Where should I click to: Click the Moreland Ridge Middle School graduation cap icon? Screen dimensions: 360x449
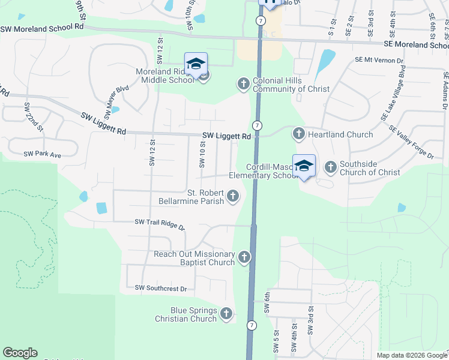[x=196, y=64]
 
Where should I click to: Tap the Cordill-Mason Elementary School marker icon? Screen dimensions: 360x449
[x=304, y=166]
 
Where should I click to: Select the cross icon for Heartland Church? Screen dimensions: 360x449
[x=298, y=133]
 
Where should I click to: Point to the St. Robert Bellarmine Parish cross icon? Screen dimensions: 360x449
[x=232, y=196]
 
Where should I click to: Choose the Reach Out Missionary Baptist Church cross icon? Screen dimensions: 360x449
[x=244, y=257]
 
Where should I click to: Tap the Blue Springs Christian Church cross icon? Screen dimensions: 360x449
[x=226, y=313]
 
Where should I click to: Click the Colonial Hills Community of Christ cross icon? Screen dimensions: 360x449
[x=243, y=83]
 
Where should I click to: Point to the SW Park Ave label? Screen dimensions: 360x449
[x=43, y=155]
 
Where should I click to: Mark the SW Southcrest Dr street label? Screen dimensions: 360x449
[x=161, y=289]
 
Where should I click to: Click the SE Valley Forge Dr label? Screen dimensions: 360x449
[x=411, y=143]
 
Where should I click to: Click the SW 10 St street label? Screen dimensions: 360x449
[x=202, y=154]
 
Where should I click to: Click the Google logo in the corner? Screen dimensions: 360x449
[x=20, y=353]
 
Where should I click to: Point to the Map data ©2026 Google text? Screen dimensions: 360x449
[x=411, y=355]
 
